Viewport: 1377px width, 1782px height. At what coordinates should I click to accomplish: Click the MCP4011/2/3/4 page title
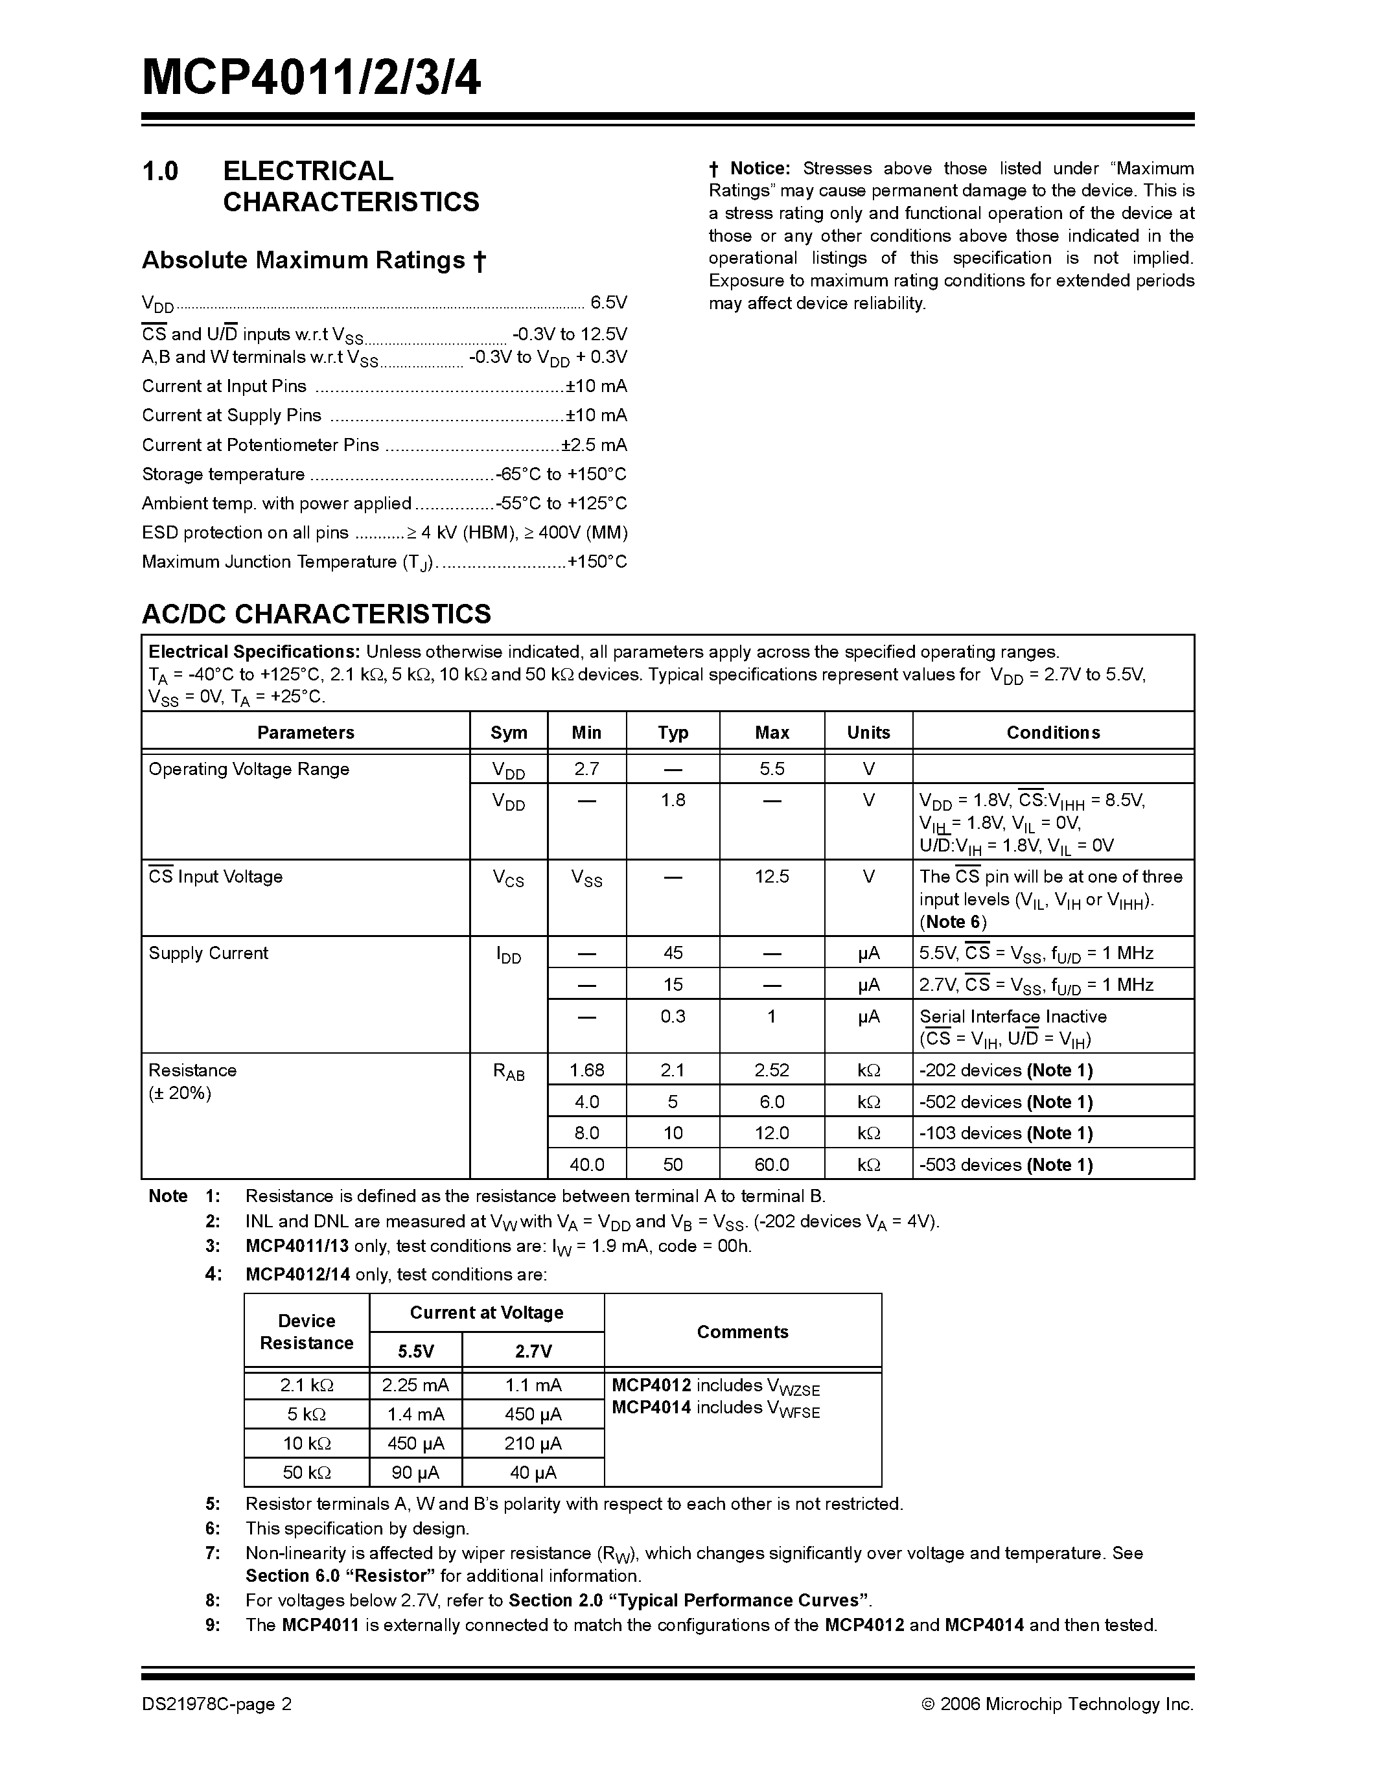[x=311, y=79]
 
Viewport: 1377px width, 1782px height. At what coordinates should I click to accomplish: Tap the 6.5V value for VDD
[x=608, y=303]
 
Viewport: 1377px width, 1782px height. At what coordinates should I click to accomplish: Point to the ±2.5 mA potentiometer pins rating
[x=594, y=445]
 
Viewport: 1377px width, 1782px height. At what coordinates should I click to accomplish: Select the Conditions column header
[x=1052, y=733]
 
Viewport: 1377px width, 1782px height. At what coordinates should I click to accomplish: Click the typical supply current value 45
[x=673, y=953]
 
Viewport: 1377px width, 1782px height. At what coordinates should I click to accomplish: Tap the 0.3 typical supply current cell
[x=673, y=1016]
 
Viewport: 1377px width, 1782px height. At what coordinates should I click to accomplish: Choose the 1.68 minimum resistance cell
[x=586, y=1070]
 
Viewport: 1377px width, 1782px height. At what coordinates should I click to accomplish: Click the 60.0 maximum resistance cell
[x=772, y=1164]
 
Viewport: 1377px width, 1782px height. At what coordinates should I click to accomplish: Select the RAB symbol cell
[x=508, y=1072]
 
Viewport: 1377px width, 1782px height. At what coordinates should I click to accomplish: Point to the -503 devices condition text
[x=1005, y=1164]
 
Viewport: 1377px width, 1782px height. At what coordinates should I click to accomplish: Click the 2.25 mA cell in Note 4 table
[x=415, y=1385]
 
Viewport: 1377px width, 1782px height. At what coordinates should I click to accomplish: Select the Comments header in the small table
[x=743, y=1332]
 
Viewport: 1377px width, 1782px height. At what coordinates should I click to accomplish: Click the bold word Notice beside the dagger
[x=759, y=169]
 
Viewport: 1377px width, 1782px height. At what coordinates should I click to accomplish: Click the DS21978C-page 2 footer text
[x=216, y=1704]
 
